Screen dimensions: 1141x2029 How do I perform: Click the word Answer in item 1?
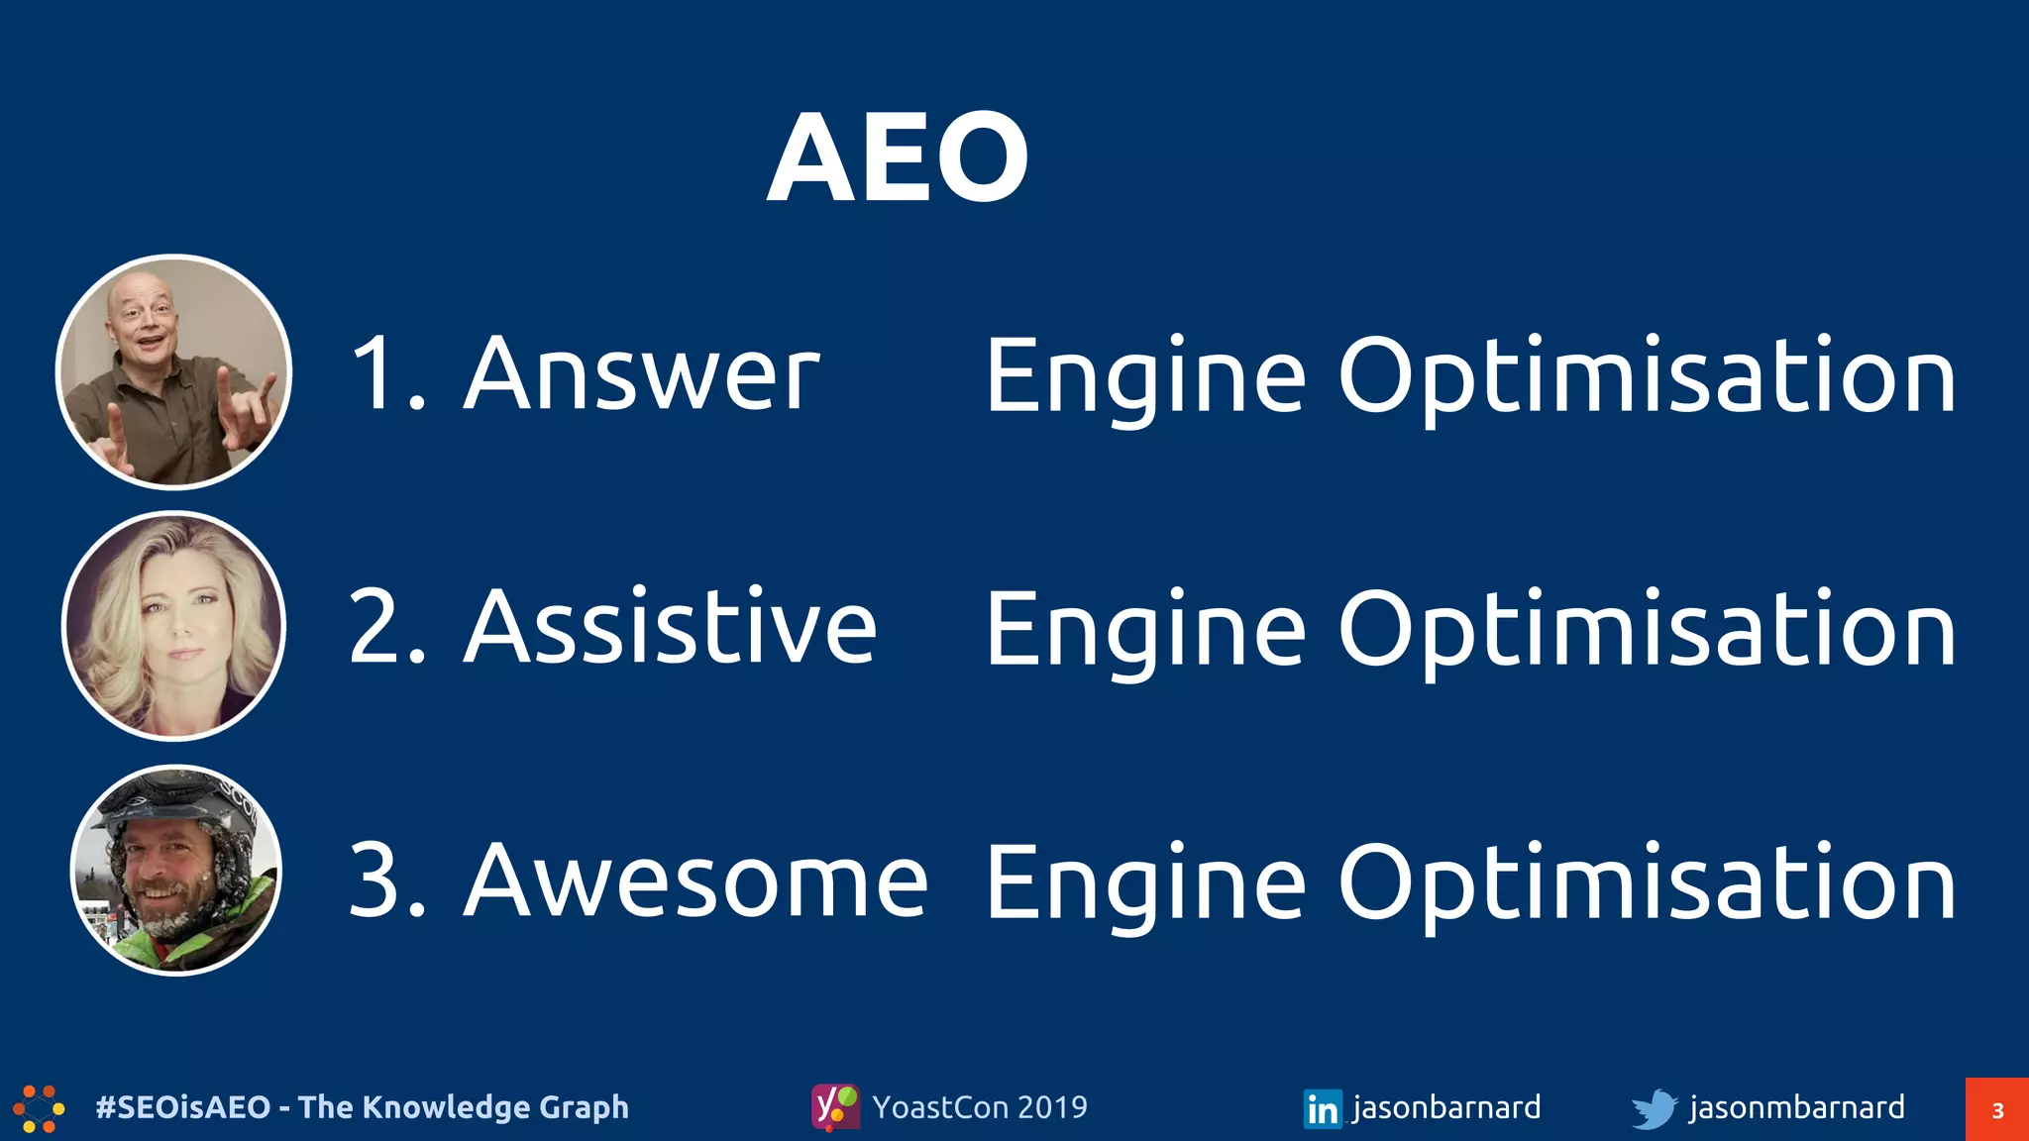642,374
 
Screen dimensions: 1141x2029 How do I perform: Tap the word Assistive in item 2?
671,627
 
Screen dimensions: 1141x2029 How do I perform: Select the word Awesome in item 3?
696,881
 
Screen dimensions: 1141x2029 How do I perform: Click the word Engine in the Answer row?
1145,376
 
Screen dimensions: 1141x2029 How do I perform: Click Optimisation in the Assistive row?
1647,629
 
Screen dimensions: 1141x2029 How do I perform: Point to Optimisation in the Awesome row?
1647,882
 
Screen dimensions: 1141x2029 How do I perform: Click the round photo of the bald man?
174,372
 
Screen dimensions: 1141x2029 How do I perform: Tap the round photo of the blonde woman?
174,626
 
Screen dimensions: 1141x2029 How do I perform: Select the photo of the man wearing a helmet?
176,870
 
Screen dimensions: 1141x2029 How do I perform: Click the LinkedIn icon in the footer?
1323,1108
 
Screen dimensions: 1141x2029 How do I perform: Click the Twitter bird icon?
1654,1108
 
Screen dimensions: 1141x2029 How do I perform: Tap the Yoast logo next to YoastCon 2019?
835,1106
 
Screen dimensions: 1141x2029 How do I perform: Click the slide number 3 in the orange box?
1997,1110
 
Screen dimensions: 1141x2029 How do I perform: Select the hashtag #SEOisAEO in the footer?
182,1106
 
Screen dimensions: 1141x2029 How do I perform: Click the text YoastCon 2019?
979,1106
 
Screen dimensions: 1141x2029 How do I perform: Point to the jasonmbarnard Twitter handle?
1796,1106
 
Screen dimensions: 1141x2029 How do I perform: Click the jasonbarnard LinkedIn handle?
1445,1106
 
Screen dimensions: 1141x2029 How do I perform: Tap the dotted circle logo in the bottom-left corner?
39,1108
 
